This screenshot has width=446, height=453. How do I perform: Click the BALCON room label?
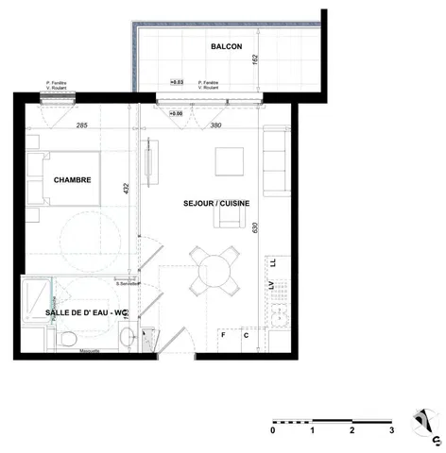tap(226, 46)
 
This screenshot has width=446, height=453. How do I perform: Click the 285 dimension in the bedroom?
tap(82, 126)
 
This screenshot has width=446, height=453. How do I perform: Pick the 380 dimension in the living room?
tap(215, 126)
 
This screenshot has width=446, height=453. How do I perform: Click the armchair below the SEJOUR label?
tap(228, 217)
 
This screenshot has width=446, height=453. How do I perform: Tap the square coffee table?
tap(231, 163)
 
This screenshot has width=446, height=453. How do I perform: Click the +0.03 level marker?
tap(176, 83)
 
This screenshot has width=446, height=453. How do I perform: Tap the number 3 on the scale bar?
tap(391, 429)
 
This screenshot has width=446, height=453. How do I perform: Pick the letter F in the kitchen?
tap(224, 334)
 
